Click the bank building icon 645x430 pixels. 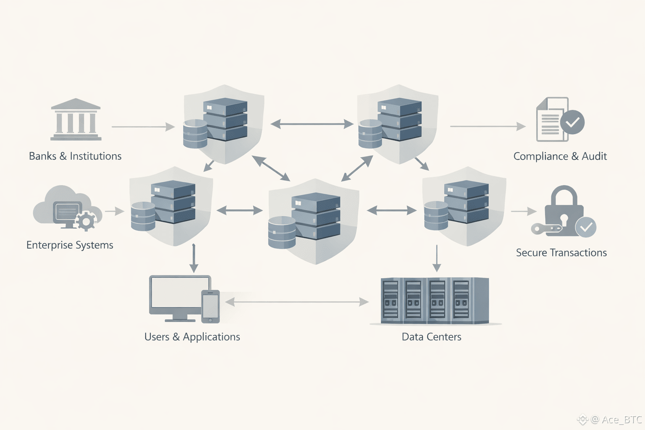(x=76, y=119)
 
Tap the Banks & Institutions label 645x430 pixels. (x=75, y=156)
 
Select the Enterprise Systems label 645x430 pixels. (x=70, y=245)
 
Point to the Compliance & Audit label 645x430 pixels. (x=560, y=156)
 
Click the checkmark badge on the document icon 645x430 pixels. (x=572, y=122)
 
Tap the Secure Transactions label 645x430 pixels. (x=561, y=253)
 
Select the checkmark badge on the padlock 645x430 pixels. (x=586, y=227)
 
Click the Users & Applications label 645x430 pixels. (x=192, y=337)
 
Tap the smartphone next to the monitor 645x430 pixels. (x=210, y=307)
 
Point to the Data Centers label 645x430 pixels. (x=431, y=337)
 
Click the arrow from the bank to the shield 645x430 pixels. (x=143, y=126)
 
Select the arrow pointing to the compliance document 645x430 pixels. (x=488, y=126)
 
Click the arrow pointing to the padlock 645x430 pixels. (x=524, y=211)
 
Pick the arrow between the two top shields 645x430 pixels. (x=312, y=124)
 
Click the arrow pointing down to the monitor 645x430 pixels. (x=194, y=258)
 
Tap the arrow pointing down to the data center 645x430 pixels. (x=437, y=258)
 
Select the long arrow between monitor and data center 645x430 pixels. (x=297, y=302)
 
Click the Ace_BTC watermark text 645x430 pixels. (x=621, y=420)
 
